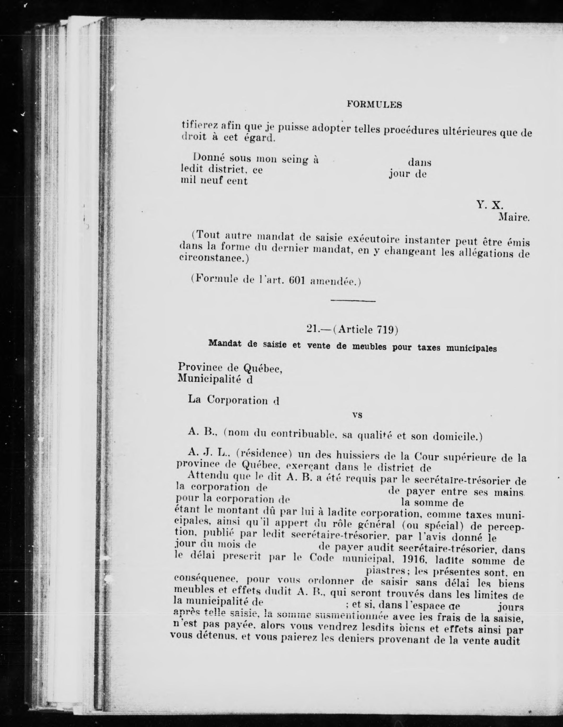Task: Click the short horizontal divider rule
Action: click(353, 301)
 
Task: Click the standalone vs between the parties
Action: click(357, 415)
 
